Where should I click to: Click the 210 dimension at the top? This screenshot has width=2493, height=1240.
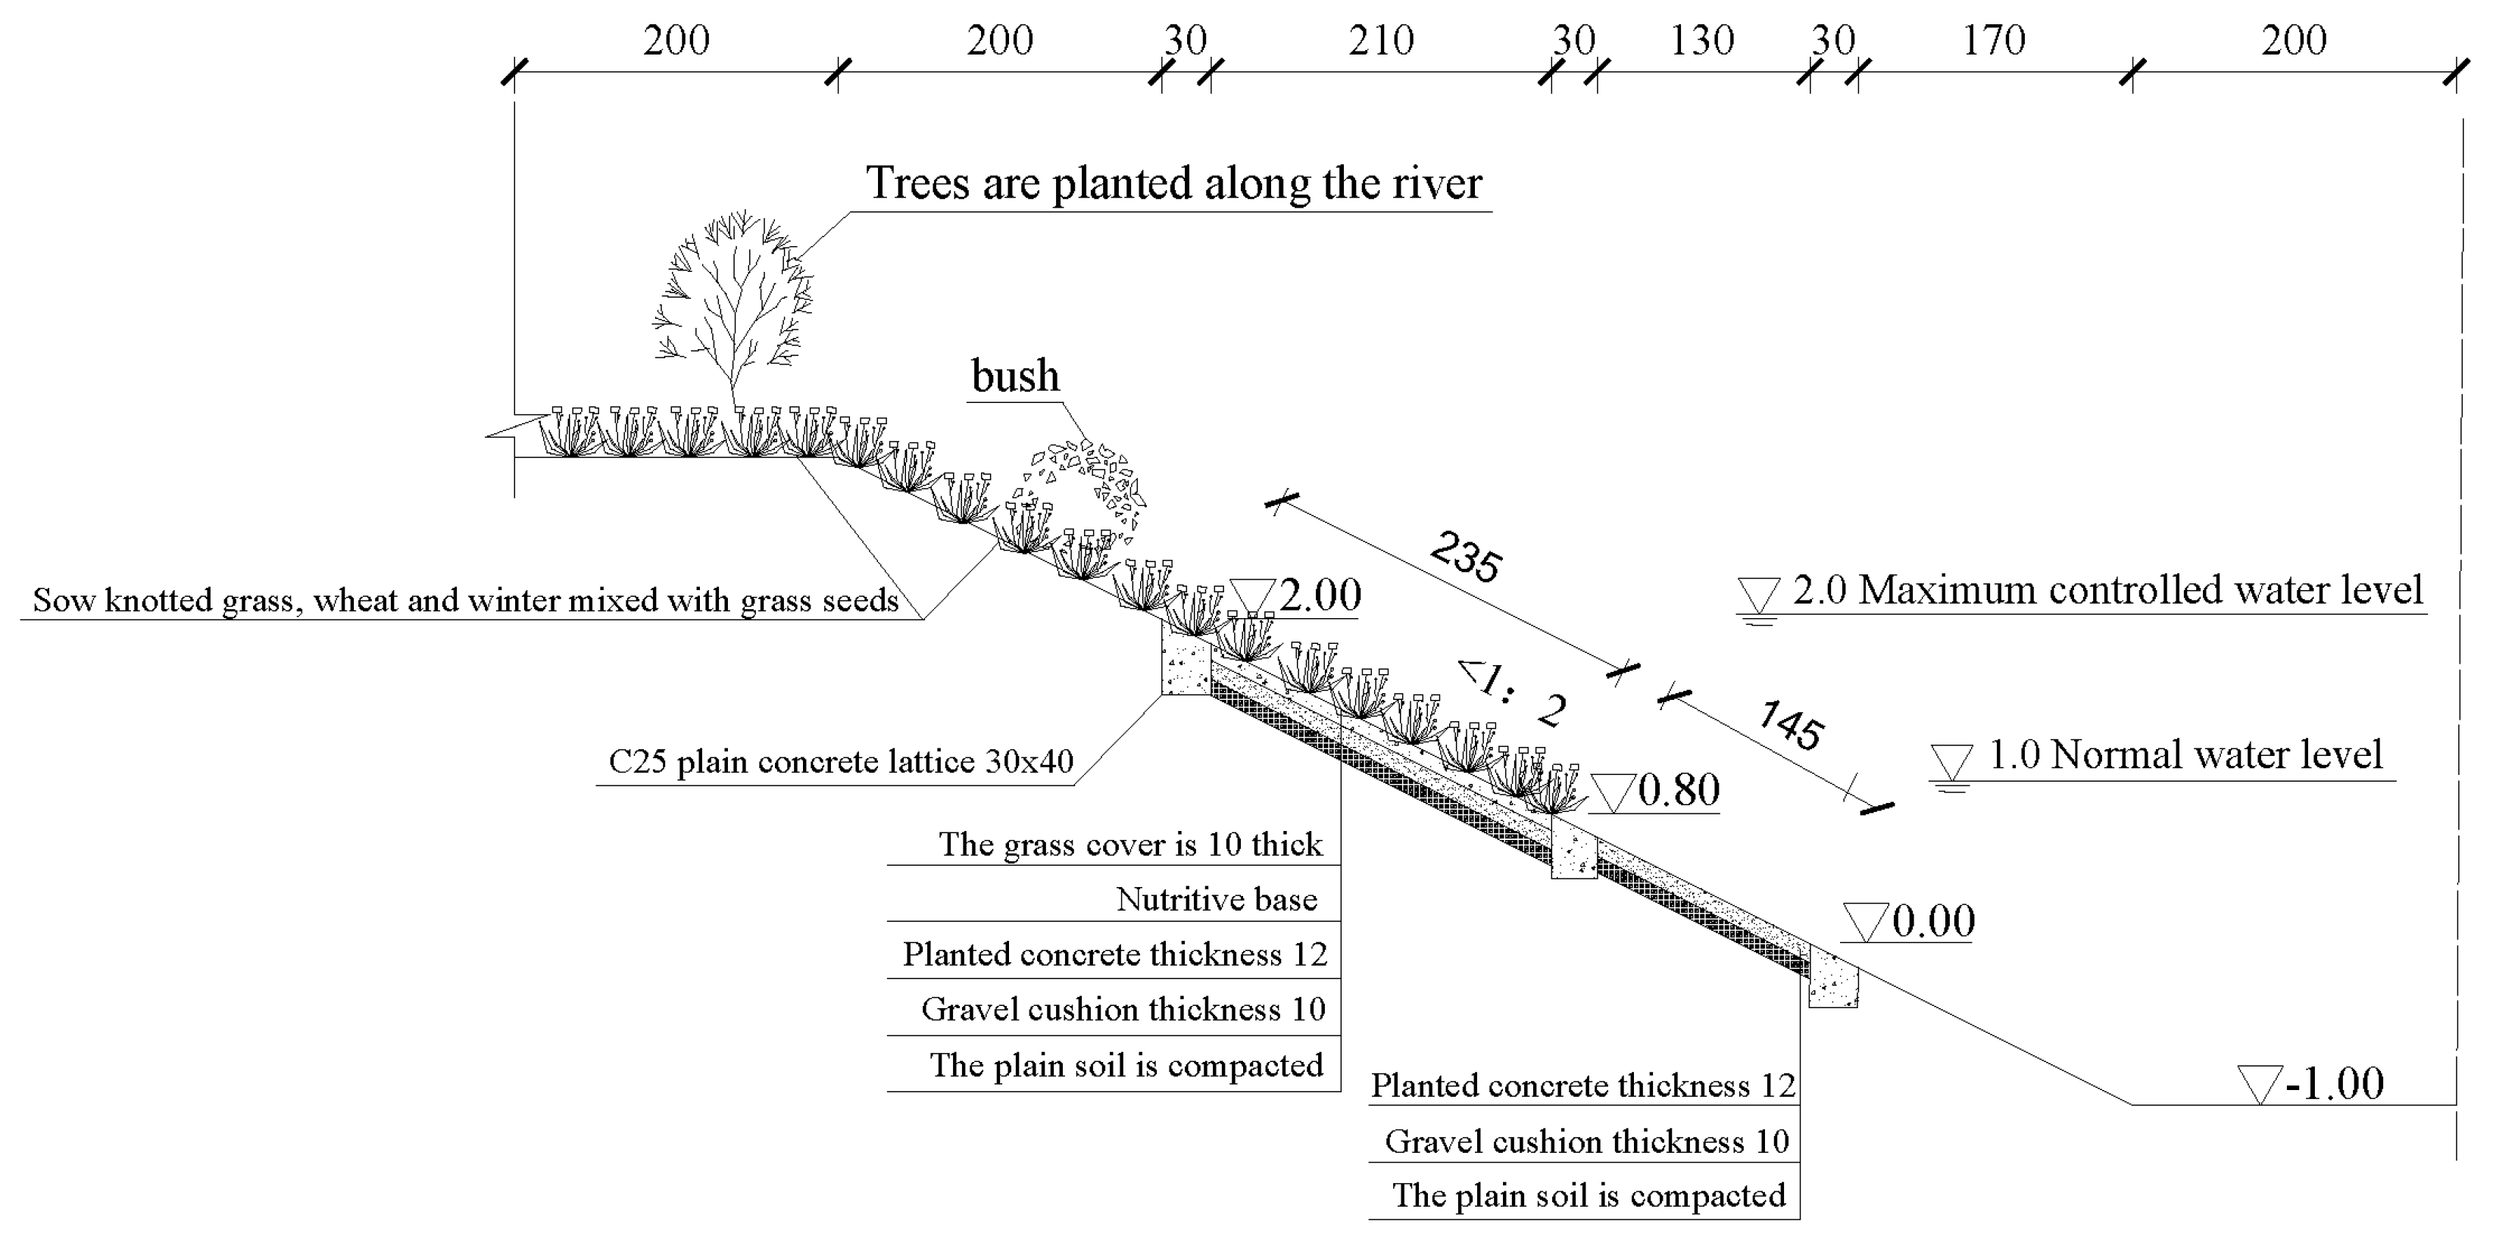(x=1381, y=41)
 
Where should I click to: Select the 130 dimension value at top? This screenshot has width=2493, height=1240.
(x=1702, y=41)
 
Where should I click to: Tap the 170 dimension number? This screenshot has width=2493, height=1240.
(x=1994, y=41)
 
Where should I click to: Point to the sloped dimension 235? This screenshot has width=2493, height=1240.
(x=1465, y=558)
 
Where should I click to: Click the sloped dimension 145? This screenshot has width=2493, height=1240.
(x=1789, y=726)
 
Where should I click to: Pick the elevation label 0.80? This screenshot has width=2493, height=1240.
(x=1678, y=790)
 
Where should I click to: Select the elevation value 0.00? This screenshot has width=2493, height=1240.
(x=1932, y=920)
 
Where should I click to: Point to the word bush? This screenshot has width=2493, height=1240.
(x=1015, y=376)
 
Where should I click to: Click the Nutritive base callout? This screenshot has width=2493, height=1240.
(x=1217, y=899)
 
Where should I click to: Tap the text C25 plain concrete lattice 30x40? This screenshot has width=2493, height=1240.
(x=840, y=762)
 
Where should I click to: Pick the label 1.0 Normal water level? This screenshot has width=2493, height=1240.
(x=2184, y=755)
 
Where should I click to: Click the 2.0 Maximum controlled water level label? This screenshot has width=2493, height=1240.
(x=2107, y=591)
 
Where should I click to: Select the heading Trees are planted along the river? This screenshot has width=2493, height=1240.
(x=1173, y=183)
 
